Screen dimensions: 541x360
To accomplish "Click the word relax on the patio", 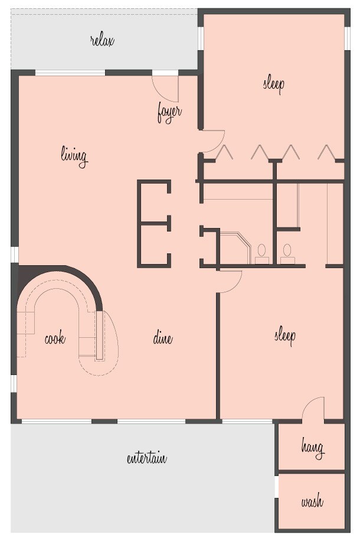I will pos(102,41).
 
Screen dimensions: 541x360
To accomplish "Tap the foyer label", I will pos(169,112).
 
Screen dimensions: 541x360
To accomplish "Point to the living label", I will pos(74,156).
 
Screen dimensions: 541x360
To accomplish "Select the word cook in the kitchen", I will pos(55,339).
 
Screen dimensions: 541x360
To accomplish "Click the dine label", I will pos(163,338).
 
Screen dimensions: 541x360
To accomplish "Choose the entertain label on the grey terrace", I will pos(147,458).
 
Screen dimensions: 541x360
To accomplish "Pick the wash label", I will pos(312,503).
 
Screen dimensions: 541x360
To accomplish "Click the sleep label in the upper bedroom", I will pos(273,83).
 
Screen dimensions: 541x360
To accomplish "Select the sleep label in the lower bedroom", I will pos(284,335).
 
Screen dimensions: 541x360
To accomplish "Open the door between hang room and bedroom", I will pos(314,409).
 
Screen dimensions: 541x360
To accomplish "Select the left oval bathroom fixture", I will pos(261,251).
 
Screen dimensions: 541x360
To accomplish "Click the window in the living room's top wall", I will pos(70,73).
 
